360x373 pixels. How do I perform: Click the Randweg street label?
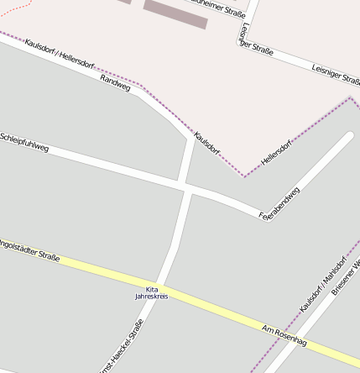click(115, 82)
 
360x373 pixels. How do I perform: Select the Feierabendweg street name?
click(279, 203)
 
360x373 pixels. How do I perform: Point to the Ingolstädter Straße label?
click(29, 250)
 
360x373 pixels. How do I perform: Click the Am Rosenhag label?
click(284, 336)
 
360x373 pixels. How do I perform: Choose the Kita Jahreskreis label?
click(151, 292)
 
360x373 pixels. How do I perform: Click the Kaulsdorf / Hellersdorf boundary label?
click(59, 53)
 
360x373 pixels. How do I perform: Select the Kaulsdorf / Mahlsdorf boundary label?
click(321, 284)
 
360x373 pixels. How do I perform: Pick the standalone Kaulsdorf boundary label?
click(206, 144)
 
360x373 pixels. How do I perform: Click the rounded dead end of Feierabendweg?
click(348, 136)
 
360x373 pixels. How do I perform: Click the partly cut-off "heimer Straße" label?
click(219, 8)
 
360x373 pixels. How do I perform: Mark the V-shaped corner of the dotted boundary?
click(244, 176)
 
